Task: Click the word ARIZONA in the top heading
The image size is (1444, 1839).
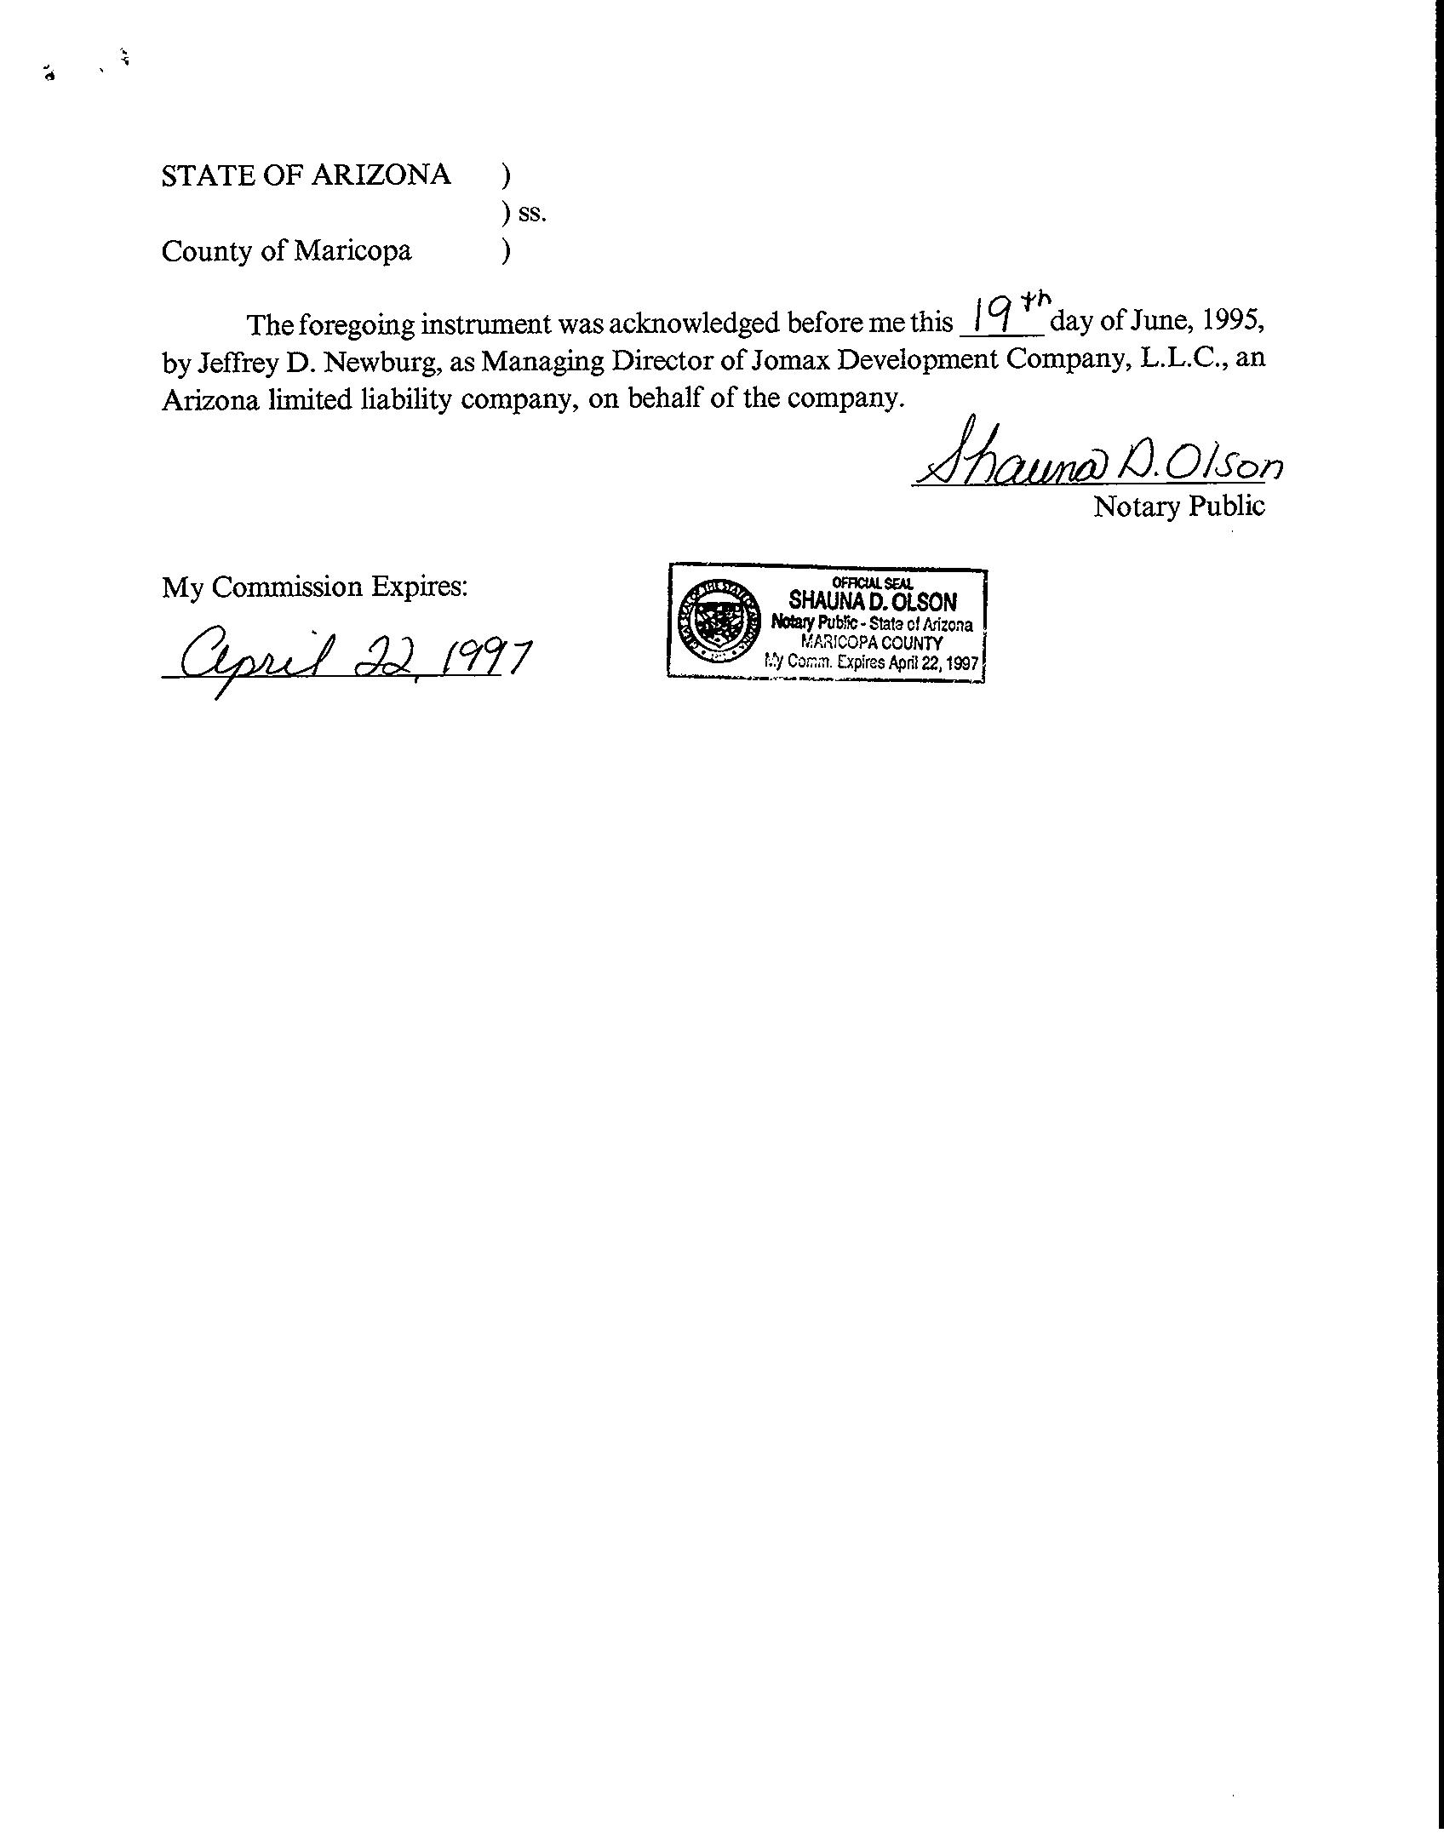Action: [380, 175]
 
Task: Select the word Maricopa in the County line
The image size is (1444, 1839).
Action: [352, 251]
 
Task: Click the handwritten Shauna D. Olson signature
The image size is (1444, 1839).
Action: [1097, 461]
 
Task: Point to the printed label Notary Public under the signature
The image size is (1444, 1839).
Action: [1179, 507]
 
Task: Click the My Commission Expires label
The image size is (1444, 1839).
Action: [315, 587]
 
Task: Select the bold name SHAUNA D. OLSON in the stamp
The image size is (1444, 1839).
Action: [872, 602]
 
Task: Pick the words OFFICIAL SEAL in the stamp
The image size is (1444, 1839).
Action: [872, 582]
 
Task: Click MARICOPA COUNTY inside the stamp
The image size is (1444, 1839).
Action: [872, 644]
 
